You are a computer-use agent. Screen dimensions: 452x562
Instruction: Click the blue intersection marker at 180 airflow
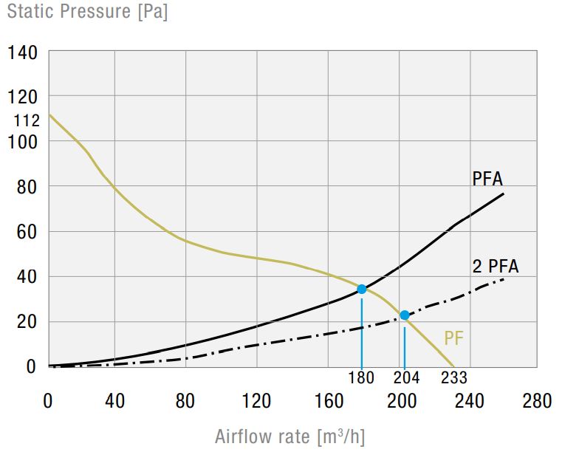(x=362, y=289)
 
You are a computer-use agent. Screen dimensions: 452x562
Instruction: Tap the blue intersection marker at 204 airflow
(x=405, y=315)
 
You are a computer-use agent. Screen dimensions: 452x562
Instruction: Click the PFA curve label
(x=487, y=179)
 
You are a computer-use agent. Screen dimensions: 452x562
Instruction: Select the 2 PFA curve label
(x=496, y=267)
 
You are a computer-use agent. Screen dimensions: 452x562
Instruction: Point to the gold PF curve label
(x=454, y=339)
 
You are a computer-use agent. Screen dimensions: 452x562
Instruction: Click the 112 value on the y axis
(x=26, y=120)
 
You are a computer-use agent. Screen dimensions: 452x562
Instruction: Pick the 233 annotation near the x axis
(x=454, y=378)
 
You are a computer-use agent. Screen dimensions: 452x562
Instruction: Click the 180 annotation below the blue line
(x=362, y=378)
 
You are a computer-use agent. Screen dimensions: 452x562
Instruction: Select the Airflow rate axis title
(x=290, y=436)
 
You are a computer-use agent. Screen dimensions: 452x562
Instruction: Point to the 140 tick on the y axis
(x=23, y=53)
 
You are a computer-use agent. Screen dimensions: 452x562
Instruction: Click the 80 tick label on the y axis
(x=26, y=186)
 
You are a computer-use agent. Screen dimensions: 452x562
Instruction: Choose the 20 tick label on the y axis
(x=26, y=321)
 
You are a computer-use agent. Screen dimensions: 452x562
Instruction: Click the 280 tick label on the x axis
(x=536, y=401)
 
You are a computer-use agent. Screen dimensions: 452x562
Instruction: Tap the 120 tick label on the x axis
(x=256, y=401)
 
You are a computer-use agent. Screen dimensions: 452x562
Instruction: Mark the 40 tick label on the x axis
(x=114, y=401)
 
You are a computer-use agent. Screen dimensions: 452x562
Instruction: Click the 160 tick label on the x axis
(x=326, y=401)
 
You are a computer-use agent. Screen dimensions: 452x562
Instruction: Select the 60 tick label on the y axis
(x=26, y=232)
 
